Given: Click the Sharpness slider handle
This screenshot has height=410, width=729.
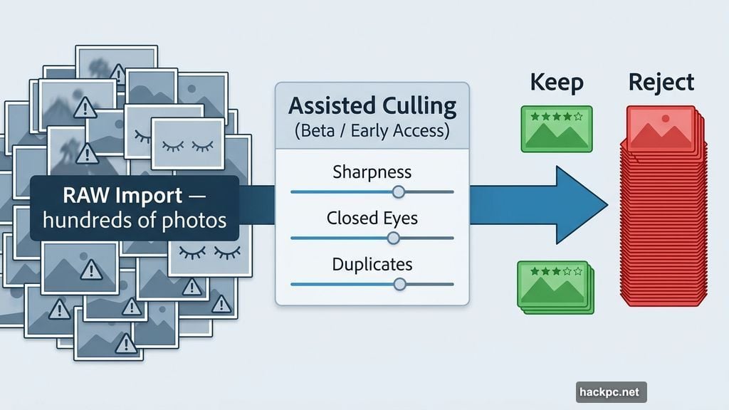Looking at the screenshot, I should tap(399, 191).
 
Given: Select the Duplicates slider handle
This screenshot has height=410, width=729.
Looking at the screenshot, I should tap(399, 284).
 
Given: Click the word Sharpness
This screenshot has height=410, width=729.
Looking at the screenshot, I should tap(372, 172).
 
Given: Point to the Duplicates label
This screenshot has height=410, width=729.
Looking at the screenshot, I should tap(372, 264).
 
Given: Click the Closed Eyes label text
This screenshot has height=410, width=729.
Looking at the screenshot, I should tap(372, 218).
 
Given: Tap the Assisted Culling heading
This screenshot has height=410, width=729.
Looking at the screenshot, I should tap(372, 107).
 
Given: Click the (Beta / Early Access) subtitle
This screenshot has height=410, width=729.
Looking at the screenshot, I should tap(372, 131).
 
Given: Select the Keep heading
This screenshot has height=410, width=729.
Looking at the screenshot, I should tap(556, 83).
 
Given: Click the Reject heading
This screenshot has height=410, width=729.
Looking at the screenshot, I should tap(661, 82).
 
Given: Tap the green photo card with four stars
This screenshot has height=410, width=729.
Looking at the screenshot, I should tap(556, 129).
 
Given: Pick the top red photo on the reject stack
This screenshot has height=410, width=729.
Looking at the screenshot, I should tap(660, 128).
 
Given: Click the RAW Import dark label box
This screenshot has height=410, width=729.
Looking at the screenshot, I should tap(135, 208).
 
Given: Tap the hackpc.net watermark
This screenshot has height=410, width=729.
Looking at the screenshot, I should tap(610, 391).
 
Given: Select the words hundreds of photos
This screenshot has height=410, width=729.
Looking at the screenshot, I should tap(135, 220).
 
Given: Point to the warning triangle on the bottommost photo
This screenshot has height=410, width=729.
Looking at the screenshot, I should tap(126, 345).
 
